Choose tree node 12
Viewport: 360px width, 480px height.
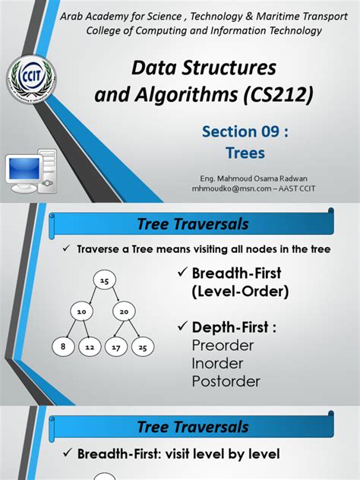(x=89, y=348)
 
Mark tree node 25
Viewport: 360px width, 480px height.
(x=142, y=348)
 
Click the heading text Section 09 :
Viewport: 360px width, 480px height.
(x=245, y=132)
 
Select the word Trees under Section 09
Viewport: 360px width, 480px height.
(x=245, y=153)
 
